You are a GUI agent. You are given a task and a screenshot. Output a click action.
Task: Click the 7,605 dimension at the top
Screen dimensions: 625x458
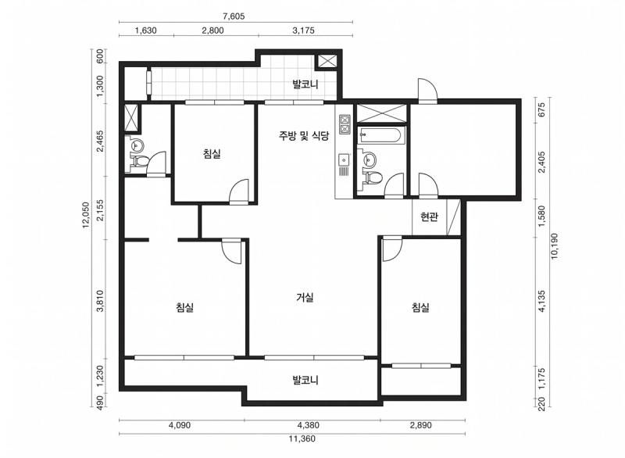pos(234,16)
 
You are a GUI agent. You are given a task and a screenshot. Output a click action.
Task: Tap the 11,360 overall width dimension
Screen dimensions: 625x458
pos(302,439)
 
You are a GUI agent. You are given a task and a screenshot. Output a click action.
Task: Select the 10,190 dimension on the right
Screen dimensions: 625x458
pos(555,246)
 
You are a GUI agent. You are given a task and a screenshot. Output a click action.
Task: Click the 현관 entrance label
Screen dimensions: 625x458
pos(429,216)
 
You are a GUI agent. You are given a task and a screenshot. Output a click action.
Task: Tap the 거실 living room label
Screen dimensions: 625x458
pos(305,297)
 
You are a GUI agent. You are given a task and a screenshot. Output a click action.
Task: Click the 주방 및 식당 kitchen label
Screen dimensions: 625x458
pos(304,136)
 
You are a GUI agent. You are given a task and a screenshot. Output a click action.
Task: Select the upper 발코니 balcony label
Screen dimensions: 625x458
pos(305,84)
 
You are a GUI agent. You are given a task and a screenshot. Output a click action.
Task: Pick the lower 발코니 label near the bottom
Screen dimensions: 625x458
pos(305,380)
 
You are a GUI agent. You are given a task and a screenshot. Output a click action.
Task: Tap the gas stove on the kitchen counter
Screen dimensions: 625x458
pos(345,124)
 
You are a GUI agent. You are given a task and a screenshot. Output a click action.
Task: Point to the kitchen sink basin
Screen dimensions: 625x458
pos(344,160)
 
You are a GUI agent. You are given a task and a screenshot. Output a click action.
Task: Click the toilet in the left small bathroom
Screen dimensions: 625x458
pos(139,161)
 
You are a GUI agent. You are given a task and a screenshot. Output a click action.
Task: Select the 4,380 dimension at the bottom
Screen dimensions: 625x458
pos(309,425)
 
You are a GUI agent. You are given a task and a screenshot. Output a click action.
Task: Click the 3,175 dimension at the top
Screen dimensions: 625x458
pos(304,30)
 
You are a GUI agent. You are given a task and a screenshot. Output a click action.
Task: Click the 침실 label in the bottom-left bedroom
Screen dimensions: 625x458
pos(185,307)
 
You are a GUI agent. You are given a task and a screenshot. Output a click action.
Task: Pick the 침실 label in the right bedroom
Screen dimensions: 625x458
pos(420,307)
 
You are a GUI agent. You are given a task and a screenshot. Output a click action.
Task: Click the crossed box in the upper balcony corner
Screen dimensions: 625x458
pos(327,61)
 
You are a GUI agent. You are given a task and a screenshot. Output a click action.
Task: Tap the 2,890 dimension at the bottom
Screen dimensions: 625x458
pos(421,425)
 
